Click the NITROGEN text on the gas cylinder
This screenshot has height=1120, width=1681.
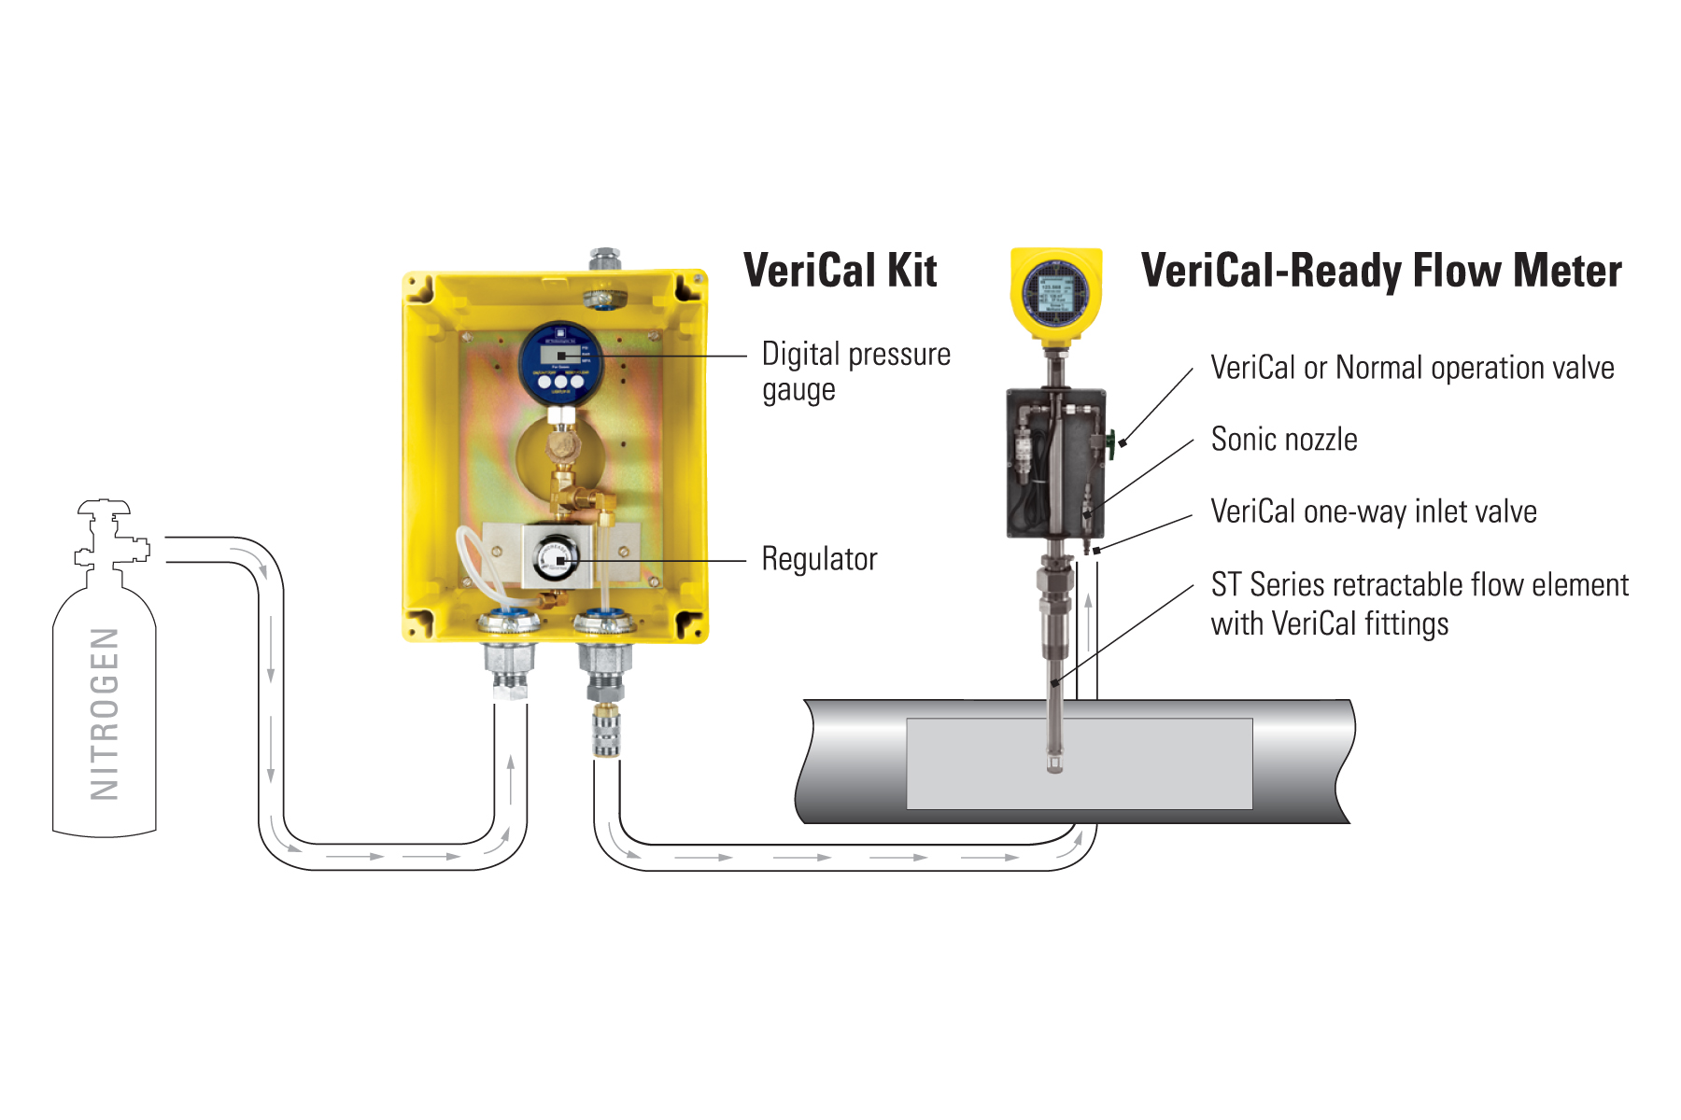[105, 714]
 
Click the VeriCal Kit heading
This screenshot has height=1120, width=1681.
[840, 271]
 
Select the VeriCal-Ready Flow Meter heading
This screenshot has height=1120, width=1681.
[1380, 271]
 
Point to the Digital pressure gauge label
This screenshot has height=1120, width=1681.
[855, 371]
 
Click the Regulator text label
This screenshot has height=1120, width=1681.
[819, 559]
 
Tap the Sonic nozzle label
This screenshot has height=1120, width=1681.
[1284, 440]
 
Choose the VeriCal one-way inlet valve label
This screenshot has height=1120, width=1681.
[1373, 511]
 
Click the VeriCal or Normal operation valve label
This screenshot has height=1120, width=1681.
[1412, 368]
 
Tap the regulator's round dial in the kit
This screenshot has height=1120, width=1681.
[557, 559]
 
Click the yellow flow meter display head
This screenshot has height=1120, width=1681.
[1056, 290]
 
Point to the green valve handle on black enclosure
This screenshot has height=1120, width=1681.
[1111, 442]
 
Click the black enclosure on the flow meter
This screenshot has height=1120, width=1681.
[1055, 463]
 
